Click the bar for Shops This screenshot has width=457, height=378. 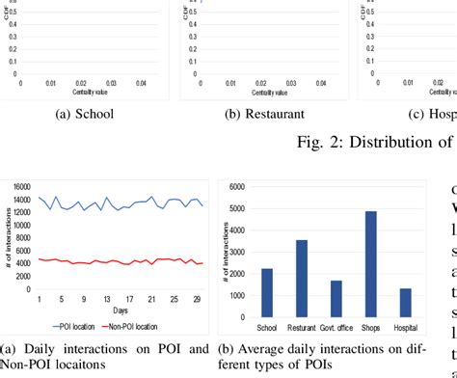371,264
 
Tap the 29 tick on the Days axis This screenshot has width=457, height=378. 197,300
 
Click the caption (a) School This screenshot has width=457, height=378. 81,114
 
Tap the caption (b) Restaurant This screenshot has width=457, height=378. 259,114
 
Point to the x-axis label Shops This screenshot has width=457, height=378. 371,328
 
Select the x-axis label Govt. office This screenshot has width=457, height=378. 336,328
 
